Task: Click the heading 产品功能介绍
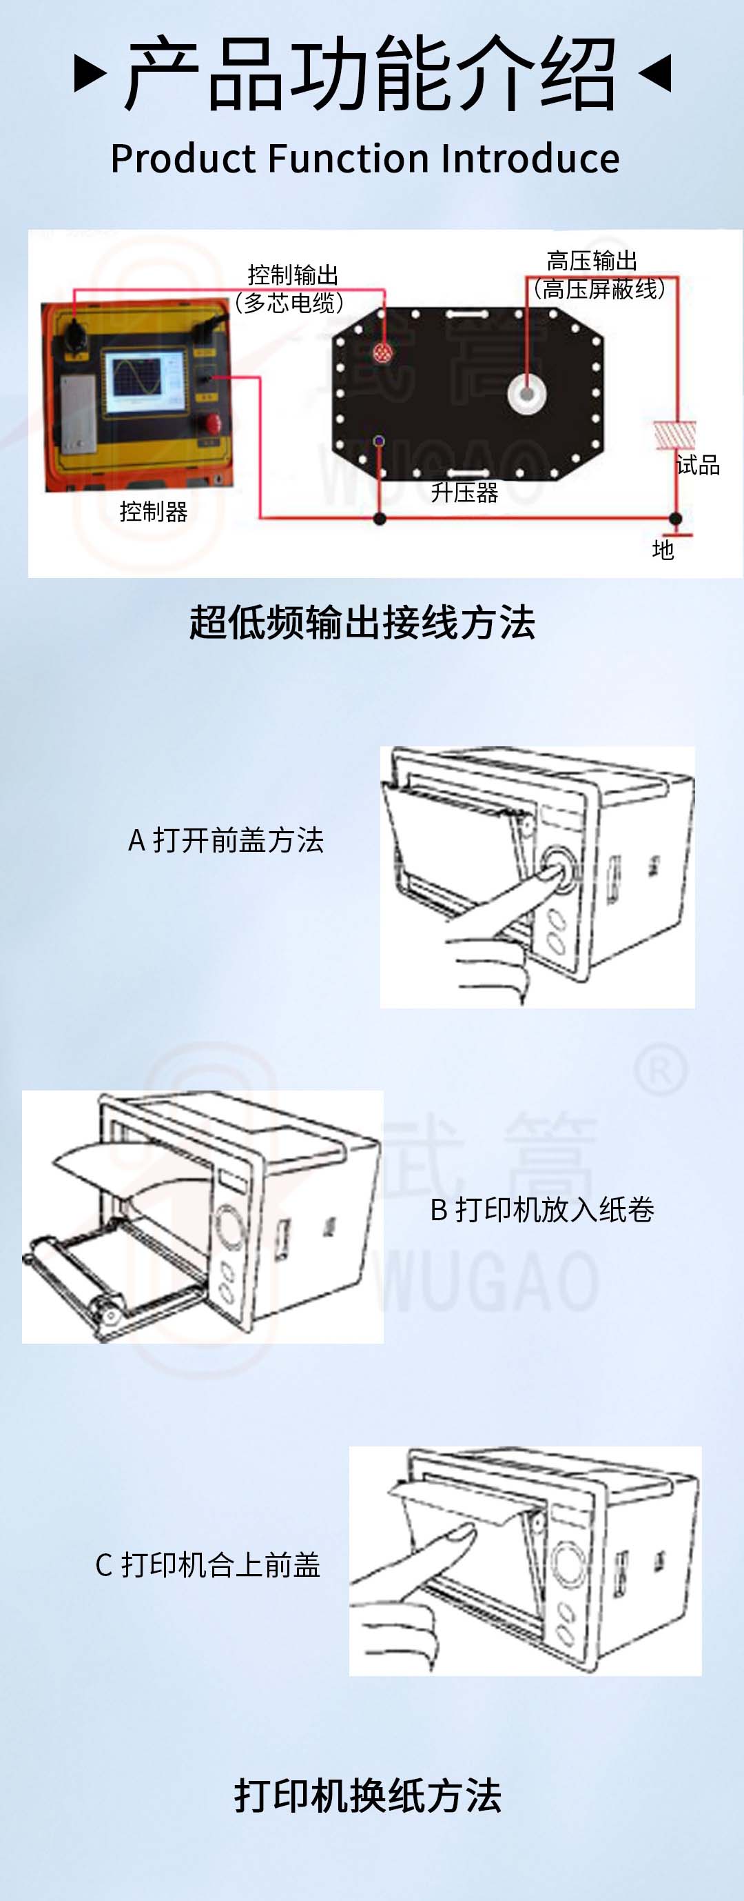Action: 371,73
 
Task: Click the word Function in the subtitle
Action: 349,159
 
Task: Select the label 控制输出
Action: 293,275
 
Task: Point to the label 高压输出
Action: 592,261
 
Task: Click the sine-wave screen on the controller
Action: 145,381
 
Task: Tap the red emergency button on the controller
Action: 211,424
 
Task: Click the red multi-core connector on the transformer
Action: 382,352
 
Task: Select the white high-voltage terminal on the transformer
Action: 527,392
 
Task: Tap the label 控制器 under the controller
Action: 154,510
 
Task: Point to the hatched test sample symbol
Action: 674,435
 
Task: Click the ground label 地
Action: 663,549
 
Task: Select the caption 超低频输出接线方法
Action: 362,621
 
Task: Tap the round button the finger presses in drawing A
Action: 558,868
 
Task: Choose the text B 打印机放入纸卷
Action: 542,1210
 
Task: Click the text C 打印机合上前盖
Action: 208,1564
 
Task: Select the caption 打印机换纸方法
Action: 368,1795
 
